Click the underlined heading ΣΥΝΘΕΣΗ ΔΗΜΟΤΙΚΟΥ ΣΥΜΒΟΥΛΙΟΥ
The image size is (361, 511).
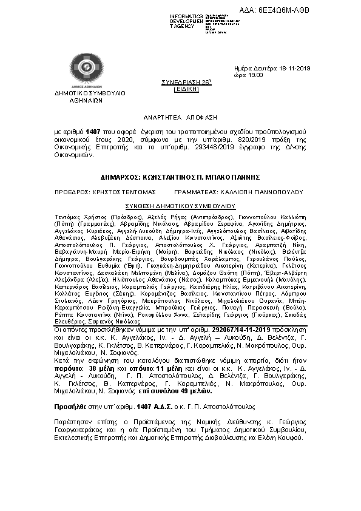[x=180, y=206]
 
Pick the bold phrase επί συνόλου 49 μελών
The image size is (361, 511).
[x=154, y=391]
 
